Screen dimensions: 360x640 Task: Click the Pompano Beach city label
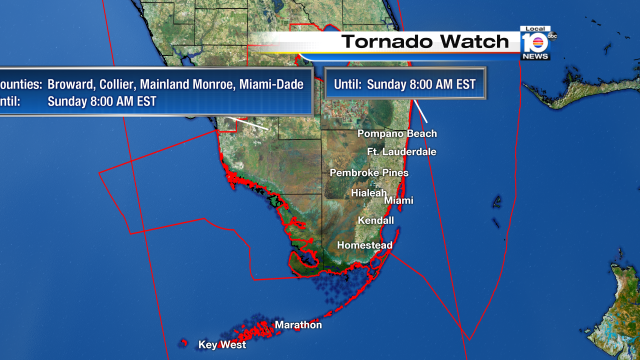tap(398, 133)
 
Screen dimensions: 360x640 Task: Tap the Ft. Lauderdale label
tap(401, 152)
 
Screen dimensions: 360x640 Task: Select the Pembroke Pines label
tap(369, 173)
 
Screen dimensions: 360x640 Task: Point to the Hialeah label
tap(368, 193)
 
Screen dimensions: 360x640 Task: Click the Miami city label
tap(398, 200)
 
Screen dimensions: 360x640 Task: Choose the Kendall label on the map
tap(376, 220)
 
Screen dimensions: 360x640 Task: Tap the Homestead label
tap(365, 245)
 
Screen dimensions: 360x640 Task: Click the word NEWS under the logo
tap(535, 56)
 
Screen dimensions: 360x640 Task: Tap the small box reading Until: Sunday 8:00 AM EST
tap(405, 83)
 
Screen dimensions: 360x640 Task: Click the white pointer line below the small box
tap(419, 112)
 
